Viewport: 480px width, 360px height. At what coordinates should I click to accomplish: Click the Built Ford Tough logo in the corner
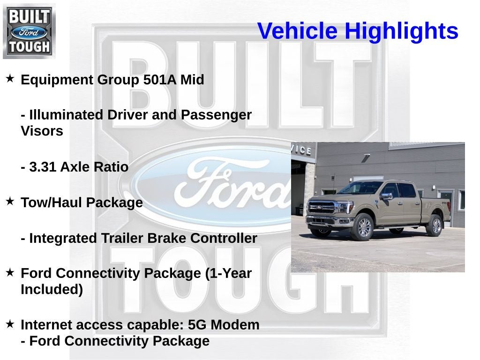pyautogui.click(x=29, y=31)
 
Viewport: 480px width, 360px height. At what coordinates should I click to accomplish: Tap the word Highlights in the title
pyautogui.click(x=401, y=31)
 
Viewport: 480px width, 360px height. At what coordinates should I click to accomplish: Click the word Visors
pyautogui.click(x=42, y=131)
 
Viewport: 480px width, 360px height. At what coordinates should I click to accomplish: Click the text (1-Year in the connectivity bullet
pyautogui.click(x=228, y=273)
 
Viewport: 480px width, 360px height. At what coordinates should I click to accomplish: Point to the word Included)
pyautogui.click(x=52, y=290)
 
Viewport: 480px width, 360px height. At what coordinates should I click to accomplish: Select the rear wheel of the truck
pyautogui.click(x=435, y=225)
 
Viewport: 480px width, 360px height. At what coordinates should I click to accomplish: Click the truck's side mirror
pyautogui.click(x=386, y=196)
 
